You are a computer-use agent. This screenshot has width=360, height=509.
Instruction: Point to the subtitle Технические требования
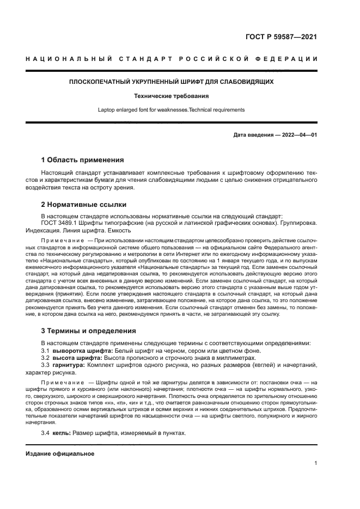click(x=171, y=96)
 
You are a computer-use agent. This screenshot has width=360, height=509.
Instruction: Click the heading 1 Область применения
click(x=82, y=160)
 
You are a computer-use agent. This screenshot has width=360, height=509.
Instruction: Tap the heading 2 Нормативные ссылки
click(x=84, y=205)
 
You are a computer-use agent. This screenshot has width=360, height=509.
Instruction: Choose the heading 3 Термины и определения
click(x=89, y=331)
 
